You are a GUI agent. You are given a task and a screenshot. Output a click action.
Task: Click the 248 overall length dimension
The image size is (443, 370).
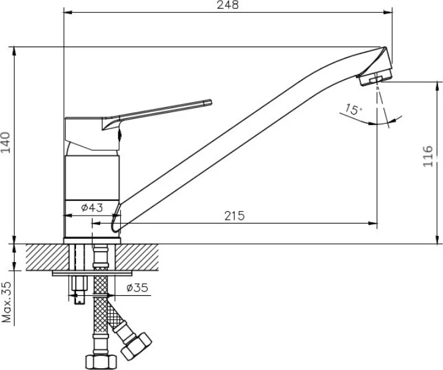pyautogui.click(x=228, y=5)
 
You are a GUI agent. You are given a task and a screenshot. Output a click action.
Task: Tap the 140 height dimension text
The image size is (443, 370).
pyautogui.click(x=6, y=142)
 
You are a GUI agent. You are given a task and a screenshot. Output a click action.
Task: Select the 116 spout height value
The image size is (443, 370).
pyautogui.click(x=428, y=156)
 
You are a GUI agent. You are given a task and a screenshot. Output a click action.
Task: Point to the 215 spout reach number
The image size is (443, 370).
pyautogui.click(x=235, y=216)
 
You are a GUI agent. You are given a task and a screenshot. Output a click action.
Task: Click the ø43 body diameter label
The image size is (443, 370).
pyautogui.click(x=92, y=208)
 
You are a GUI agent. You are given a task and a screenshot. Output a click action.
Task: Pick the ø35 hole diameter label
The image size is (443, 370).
pyautogui.click(x=137, y=288)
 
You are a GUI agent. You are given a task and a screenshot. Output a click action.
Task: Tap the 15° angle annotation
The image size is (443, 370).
pyautogui.click(x=353, y=109)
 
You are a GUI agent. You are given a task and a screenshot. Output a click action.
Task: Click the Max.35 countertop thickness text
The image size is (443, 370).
pyautogui.click(x=6, y=302)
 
